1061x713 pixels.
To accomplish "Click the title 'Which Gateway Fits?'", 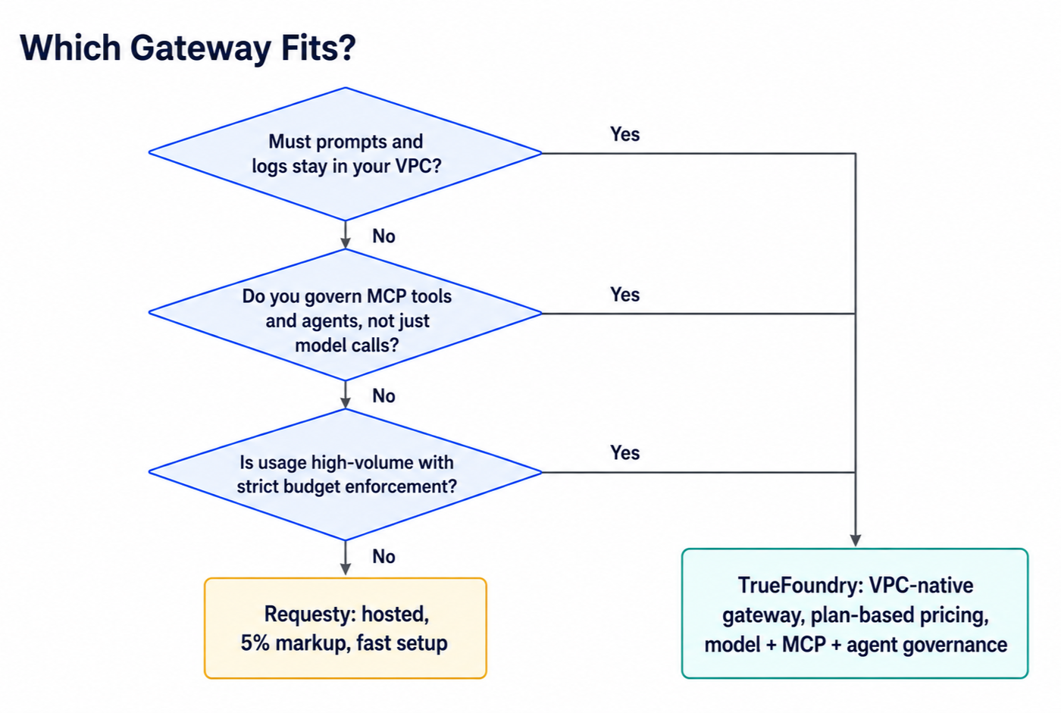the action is tap(188, 48).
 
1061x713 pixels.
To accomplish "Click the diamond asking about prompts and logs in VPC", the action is tap(346, 154).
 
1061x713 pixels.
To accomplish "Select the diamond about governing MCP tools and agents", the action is tap(346, 314).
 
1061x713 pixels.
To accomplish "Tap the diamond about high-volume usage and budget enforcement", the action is tap(346, 474).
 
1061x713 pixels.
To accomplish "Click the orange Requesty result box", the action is tap(346, 628).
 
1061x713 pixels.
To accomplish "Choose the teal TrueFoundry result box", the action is tap(855, 614).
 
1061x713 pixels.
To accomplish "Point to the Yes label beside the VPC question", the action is tap(624, 134).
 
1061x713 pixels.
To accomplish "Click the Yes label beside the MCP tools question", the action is tap(624, 295).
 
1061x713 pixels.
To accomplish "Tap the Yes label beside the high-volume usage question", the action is tap(624, 453).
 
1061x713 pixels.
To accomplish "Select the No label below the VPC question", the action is tap(383, 236).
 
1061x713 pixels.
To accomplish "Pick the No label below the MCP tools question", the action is tap(383, 396).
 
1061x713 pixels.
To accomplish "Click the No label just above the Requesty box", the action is tap(383, 557).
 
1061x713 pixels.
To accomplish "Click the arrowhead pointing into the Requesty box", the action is tap(346, 570).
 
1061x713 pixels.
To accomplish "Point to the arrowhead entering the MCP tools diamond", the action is tap(346, 243).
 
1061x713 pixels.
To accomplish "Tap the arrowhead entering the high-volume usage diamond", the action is tap(346, 403).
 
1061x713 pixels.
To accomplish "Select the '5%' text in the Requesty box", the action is tap(255, 643).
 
